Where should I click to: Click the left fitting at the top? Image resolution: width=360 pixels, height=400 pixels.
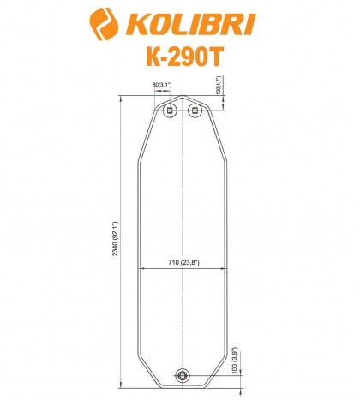coord(171,110)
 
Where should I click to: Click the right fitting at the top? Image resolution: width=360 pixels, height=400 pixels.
coord(194,110)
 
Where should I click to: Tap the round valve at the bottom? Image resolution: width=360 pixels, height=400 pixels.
coord(182,374)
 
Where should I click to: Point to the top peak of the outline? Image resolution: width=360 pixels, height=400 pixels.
coord(182,99)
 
